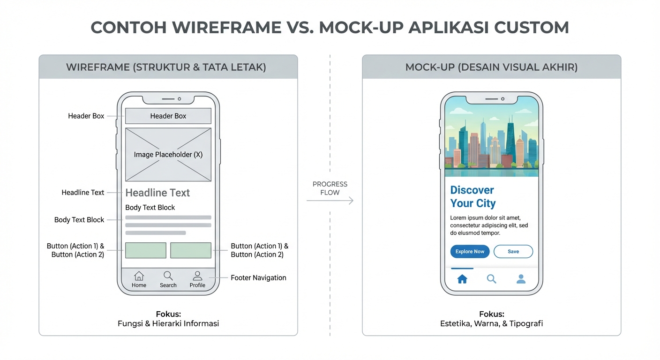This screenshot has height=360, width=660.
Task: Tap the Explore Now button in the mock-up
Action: pos(470,251)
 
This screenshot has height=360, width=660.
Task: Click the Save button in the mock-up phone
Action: pos(513,251)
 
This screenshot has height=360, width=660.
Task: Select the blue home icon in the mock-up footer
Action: pos(462,279)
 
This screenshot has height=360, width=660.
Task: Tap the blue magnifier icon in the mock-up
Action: pos(491,279)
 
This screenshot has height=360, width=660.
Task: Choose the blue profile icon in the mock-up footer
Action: pos(521,279)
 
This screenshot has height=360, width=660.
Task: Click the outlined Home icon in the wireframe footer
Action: pos(139,276)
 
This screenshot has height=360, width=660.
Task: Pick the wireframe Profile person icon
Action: pos(197,276)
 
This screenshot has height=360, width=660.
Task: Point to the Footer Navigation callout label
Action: pos(258,277)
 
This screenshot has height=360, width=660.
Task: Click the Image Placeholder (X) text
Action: pos(168,155)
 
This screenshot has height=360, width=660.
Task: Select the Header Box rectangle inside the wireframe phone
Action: pos(168,116)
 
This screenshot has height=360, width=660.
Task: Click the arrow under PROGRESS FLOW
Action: pos(330,201)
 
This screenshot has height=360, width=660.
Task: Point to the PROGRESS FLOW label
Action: pos(330,188)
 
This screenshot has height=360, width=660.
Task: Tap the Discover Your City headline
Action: pos(472,197)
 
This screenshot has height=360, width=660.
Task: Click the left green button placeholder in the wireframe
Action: pos(146,250)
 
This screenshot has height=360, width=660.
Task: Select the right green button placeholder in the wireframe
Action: pos(191,250)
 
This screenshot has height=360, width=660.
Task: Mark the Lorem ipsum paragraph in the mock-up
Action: pos(489,225)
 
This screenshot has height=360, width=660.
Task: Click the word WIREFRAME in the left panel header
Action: pos(97,67)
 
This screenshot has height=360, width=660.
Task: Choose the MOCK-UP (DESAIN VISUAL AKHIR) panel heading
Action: pos(491,67)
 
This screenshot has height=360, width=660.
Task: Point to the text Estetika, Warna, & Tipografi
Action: pos(491,323)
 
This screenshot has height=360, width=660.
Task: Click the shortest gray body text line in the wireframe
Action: pos(156,232)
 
